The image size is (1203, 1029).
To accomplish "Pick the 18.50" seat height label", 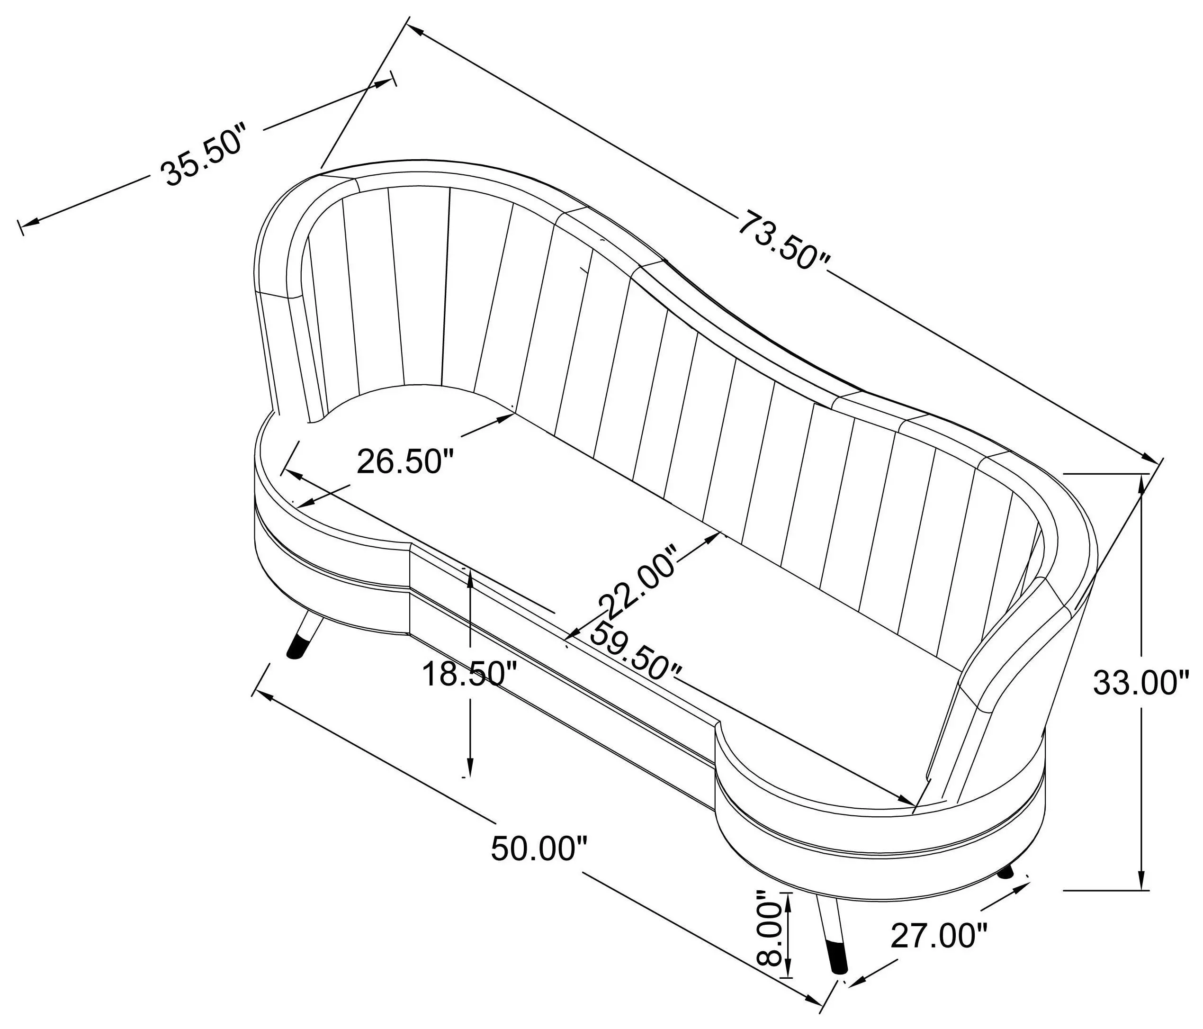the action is (469, 674).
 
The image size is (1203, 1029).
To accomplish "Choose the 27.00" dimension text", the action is (939, 952).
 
